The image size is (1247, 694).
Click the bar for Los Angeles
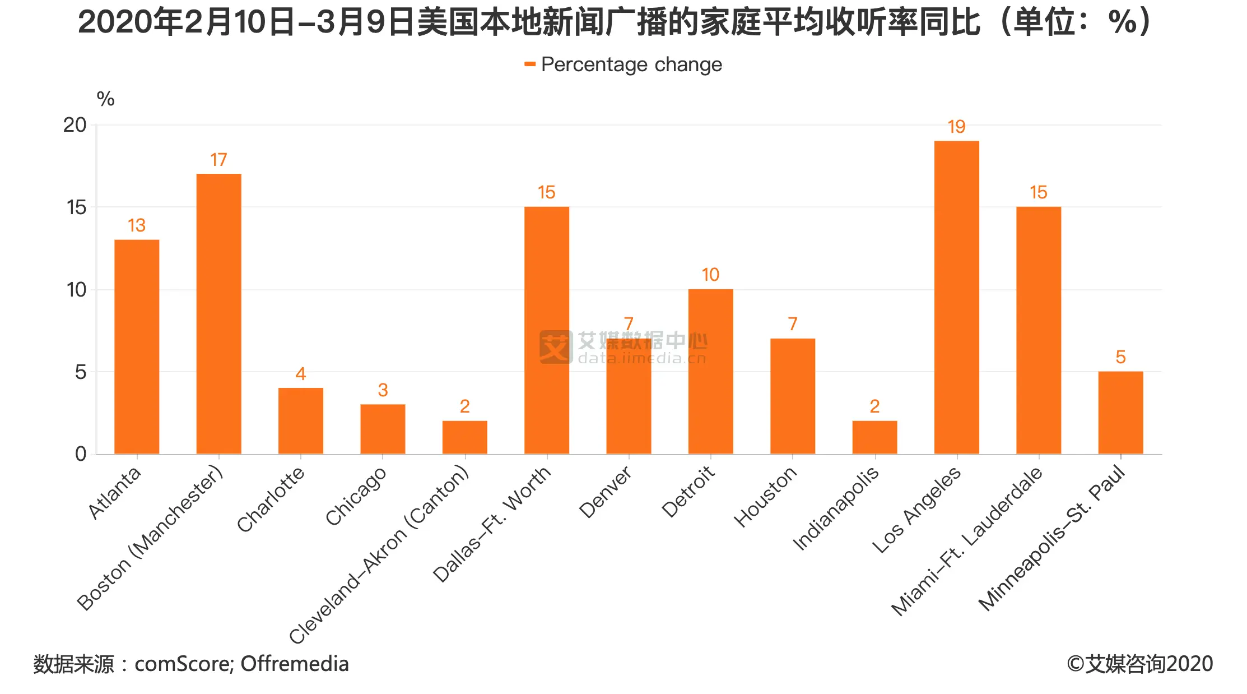(956, 297)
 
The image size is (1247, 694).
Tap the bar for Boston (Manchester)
(218, 314)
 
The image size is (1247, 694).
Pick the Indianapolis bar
(874, 437)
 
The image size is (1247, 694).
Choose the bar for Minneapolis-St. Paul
(1120, 413)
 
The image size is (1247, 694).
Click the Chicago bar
(383, 429)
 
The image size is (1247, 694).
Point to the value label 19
(956, 127)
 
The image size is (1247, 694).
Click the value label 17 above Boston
(218, 160)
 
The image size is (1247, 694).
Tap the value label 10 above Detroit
(710, 275)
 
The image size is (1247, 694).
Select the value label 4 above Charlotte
(301, 374)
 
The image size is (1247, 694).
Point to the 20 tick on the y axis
(75, 125)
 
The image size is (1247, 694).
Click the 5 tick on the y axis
(81, 372)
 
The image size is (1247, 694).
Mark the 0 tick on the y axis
(81, 454)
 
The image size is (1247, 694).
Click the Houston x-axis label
(765, 497)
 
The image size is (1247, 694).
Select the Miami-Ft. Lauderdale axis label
(967, 541)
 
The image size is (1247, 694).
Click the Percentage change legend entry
(623, 65)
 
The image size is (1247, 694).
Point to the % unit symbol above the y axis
(105, 99)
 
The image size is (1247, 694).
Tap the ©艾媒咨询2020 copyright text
(1139, 664)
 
